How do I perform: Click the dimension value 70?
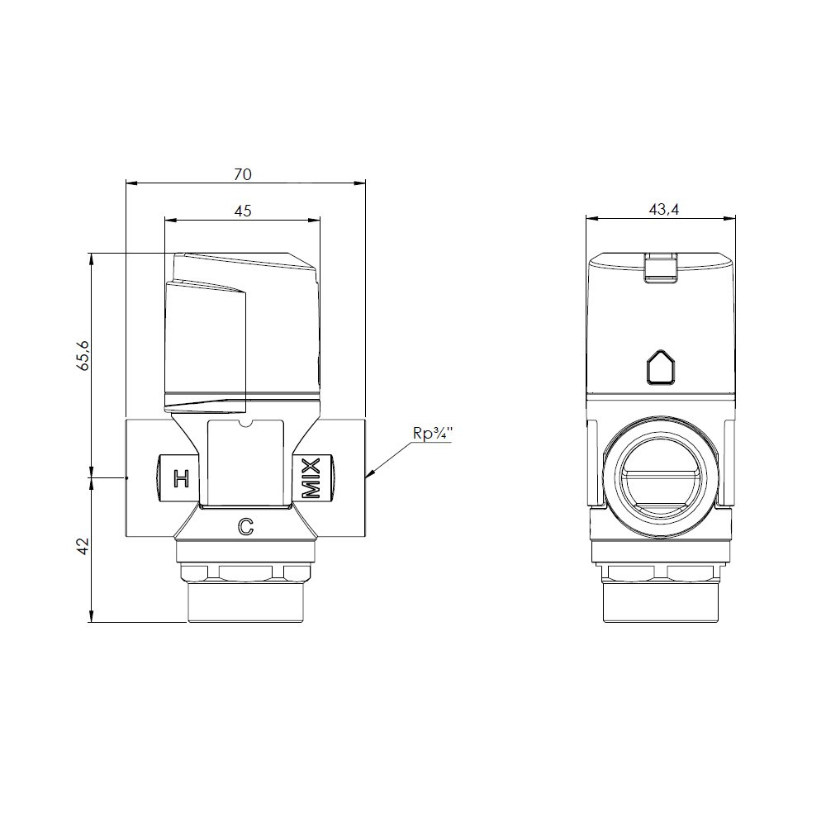pyautogui.click(x=243, y=174)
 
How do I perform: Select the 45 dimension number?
pyautogui.click(x=243, y=211)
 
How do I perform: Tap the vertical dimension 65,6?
pyautogui.click(x=83, y=355)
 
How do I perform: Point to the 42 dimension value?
pyautogui.click(x=83, y=546)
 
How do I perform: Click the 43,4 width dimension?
pyautogui.click(x=664, y=210)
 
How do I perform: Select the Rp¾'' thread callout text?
pyautogui.click(x=433, y=434)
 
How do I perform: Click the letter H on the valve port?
pyautogui.click(x=181, y=479)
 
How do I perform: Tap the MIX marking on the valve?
pyautogui.click(x=311, y=477)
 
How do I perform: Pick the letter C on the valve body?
pyautogui.click(x=246, y=526)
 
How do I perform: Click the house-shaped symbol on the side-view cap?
pyautogui.click(x=661, y=368)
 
